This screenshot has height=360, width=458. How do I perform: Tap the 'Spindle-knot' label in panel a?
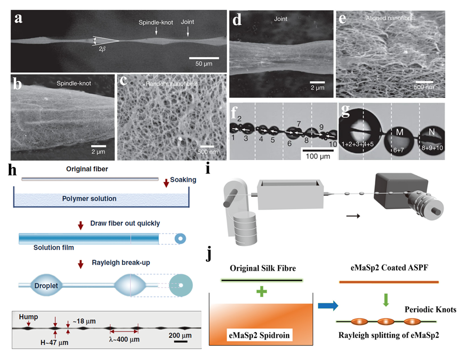[x=154, y=23]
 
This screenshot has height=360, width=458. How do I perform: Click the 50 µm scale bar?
[x=204, y=58]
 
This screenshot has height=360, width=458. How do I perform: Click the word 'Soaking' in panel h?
[x=183, y=180]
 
